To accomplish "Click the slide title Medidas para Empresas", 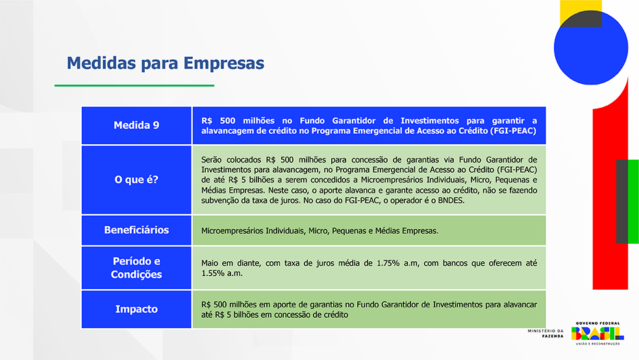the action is [x=166, y=63].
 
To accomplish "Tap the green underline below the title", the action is [x=134, y=86].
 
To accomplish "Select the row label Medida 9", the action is [x=136, y=125].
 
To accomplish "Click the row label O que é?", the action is [x=136, y=180].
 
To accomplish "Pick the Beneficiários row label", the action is [x=136, y=230].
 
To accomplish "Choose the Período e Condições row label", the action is [x=136, y=268].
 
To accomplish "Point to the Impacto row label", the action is [x=136, y=309].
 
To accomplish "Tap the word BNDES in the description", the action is [x=451, y=201].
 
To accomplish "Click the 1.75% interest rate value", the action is [x=388, y=263].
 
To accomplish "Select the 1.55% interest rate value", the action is [x=213, y=274].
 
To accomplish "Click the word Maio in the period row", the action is [x=210, y=263].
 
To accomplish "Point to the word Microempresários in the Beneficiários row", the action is [x=232, y=231].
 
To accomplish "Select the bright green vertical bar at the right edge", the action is [x=633, y=201].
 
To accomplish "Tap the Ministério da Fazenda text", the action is [x=545, y=333].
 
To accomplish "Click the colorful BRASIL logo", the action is [x=597, y=333].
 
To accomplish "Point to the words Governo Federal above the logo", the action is [x=597, y=324].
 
